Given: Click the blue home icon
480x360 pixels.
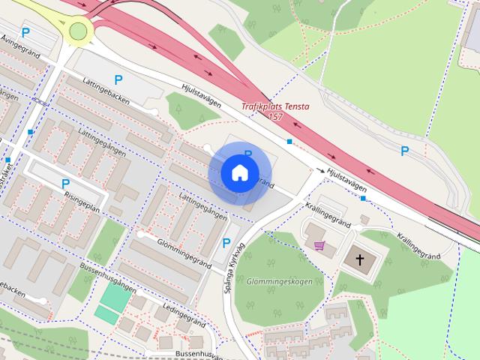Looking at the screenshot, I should click(x=239, y=172).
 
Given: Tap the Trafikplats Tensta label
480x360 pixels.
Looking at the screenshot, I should click(x=275, y=106).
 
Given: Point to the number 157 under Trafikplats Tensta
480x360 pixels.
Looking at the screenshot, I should click(x=275, y=117).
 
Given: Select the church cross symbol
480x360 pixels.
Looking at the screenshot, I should click(x=360, y=259).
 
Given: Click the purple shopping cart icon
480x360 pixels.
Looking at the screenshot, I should click(x=320, y=245).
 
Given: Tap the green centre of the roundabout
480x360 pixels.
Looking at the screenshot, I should click(x=79, y=31).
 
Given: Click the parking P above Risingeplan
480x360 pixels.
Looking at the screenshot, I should click(x=65, y=184).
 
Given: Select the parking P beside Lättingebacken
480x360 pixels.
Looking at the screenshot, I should click(x=118, y=79).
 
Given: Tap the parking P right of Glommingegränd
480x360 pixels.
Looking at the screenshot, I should click(x=226, y=243).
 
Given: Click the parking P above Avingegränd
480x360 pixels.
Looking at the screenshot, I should click(x=26, y=32).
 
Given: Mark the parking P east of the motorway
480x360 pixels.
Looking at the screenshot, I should click(x=405, y=151).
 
